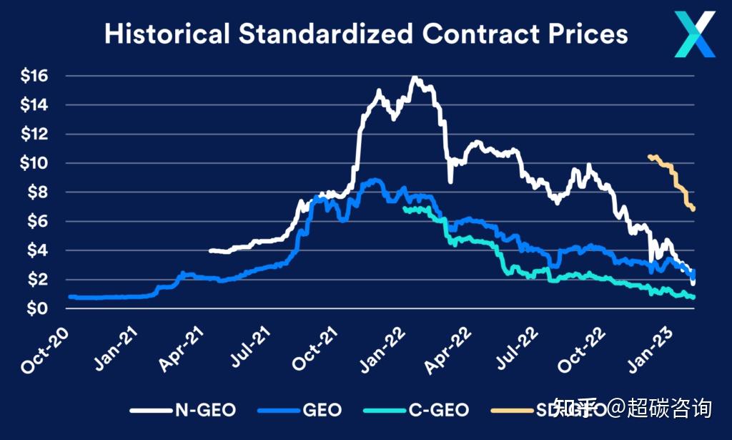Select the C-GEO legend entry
click(438, 410)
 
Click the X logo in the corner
click(694, 34)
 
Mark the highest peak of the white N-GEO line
click(415, 77)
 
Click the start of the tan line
click(649, 156)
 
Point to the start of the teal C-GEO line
click(405, 209)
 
